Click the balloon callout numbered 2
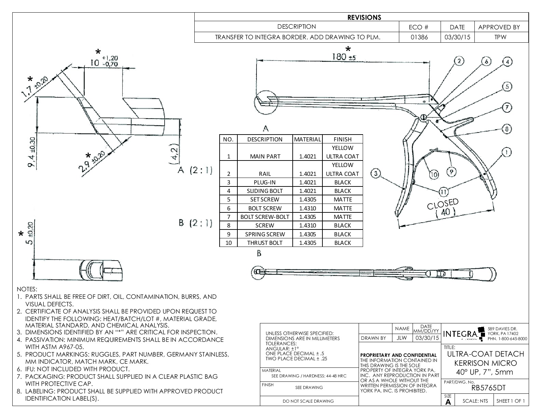[x=459, y=61]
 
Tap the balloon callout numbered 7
[x=507, y=108]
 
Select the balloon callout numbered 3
[x=376, y=173]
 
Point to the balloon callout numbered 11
[x=443, y=192]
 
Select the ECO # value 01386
[x=419, y=37]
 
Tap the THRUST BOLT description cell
[x=265, y=243]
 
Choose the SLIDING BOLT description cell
[x=265, y=191]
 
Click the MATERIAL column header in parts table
[x=307, y=139]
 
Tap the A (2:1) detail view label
[x=195, y=170]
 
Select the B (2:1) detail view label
[x=195, y=223]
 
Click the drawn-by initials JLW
[x=402, y=338]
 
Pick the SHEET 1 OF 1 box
[x=511, y=401]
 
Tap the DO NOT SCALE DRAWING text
[x=308, y=401]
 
